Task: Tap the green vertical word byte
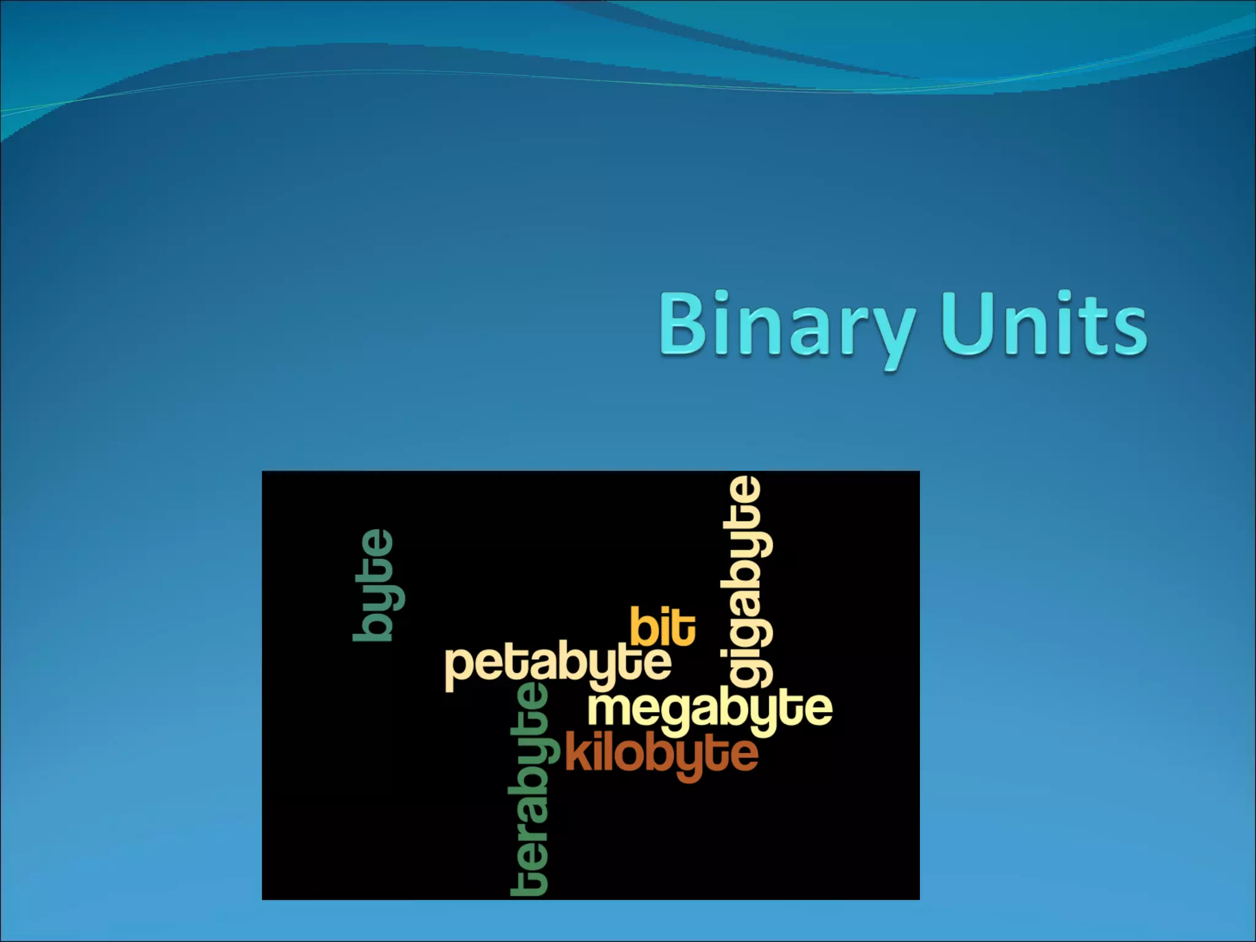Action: pyautogui.click(x=377, y=586)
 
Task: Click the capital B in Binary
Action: pyautogui.click(x=682, y=325)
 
